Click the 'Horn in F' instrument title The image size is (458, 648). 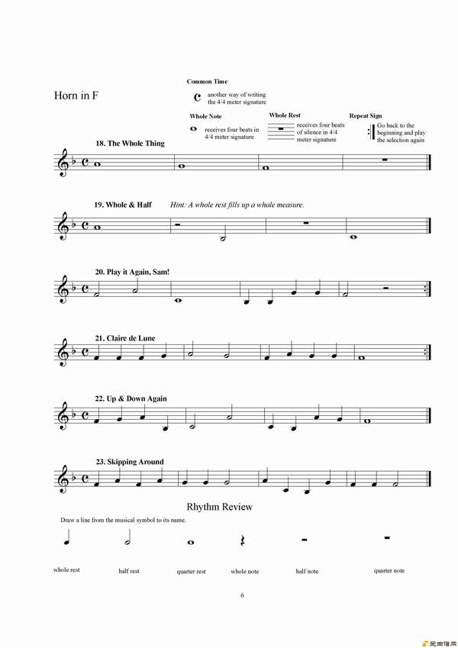79,96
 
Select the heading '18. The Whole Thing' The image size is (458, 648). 130,143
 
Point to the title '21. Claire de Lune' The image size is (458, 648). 127,337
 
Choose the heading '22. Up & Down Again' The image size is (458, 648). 131,398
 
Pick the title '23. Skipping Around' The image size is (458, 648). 129,462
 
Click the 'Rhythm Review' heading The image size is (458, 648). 219,507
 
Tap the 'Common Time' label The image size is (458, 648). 207,82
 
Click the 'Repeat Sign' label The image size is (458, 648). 365,116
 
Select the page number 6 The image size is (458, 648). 242,595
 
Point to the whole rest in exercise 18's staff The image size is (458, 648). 386,160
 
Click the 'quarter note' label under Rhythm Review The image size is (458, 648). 389,570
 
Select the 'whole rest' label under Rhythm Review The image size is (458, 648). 66,569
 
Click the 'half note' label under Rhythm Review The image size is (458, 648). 307,571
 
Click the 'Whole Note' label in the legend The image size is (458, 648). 205,116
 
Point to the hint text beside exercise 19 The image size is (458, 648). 237,205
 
